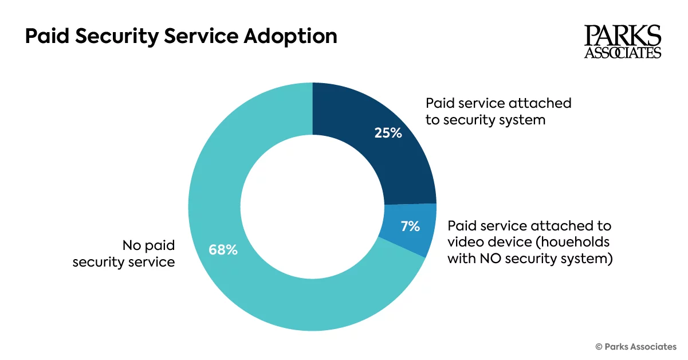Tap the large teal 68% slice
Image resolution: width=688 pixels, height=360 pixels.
(241, 275)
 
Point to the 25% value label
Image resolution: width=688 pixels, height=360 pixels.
(388, 134)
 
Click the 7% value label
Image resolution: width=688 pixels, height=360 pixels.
(410, 226)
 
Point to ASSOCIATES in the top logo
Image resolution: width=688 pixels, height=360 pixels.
(623, 53)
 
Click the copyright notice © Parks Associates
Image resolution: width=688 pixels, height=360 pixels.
(636, 346)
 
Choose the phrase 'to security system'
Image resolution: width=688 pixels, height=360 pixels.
(485, 120)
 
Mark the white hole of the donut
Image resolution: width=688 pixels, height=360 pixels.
(312, 206)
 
